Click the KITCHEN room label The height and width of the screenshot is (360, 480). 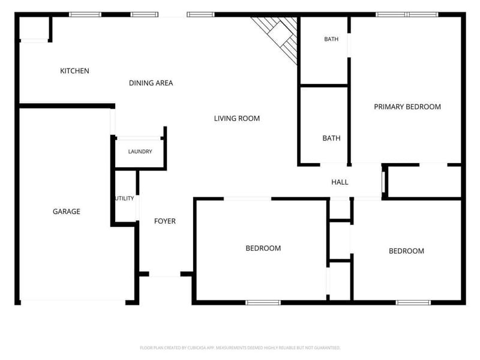coord(74,71)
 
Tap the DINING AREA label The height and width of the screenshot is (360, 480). coord(151,83)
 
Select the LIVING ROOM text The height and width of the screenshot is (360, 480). coord(236,118)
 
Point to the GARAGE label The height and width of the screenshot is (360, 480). coord(67,212)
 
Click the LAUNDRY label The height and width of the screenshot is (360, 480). coord(140,152)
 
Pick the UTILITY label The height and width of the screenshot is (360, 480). coord(125,199)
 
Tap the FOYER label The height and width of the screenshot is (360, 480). coord(164,221)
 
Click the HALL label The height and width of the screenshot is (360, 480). coord(340,182)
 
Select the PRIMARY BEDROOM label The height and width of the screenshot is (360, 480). coord(407,107)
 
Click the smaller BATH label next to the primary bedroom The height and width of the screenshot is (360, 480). coord(331,39)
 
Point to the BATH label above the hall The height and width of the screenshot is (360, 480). coord(331,138)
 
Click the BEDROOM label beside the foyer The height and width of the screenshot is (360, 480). coord(263,248)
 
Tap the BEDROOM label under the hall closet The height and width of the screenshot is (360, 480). coord(406,251)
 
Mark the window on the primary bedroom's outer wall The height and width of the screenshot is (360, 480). coord(407,14)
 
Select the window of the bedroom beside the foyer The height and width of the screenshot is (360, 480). coord(263,303)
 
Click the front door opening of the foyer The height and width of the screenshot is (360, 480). coord(164,274)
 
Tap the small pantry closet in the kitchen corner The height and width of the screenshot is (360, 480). coord(34,28)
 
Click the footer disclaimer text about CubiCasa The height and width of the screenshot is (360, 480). coord(240,348)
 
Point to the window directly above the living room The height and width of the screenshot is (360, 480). coord(200,14)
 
